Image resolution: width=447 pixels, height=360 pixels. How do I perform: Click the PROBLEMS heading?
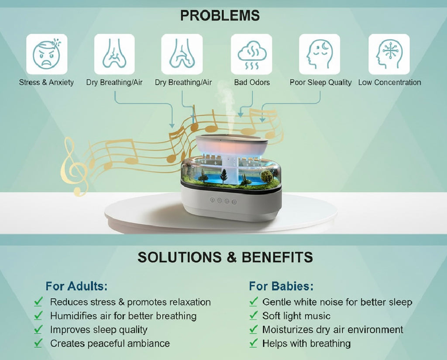pyautogui.click(x=220, y=16)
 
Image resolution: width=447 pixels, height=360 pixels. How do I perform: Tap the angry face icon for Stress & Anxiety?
pyautogui.click(x=47, y=54)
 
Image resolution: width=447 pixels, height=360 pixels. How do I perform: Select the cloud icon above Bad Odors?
pyautogui.click(x=251, y=54)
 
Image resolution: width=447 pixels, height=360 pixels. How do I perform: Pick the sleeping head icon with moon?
pyautogui.click(x=319, y=54)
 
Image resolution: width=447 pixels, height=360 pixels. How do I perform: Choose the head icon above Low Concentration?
pyautogui.click(x=389, y=54)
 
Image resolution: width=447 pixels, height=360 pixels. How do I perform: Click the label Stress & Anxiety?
pyautogui.click(x=46, y=82)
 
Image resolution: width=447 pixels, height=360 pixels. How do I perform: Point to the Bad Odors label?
pyautogui.click(x=252, y=82)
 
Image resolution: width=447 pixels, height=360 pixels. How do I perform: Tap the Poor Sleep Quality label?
pyautogui.click(x=320, y=82)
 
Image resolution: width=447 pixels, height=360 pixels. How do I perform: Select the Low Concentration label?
pyautogui.click(x=389, y=82)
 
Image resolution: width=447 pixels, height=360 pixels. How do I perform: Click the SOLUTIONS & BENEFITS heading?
pyautogui.click(x=225, y=257)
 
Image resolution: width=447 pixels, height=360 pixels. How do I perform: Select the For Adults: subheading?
pyautogui.click(x=76, y=287)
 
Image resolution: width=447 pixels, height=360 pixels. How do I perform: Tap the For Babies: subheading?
pyautogui.click(x=281, y=287)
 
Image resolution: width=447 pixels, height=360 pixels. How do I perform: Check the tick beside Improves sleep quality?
pyautogui.click(x=38, y=329)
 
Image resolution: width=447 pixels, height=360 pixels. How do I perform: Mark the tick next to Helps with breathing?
pyautogui.click(x=253, y=343)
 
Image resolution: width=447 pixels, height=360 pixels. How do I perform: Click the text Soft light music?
pyautogui.click(x=296, y=316)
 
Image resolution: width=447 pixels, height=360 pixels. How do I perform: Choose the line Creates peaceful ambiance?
pyautogui.click(x=110, y=343)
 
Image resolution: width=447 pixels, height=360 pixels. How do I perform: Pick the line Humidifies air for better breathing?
pyautogui.click(x=123, y=316)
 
